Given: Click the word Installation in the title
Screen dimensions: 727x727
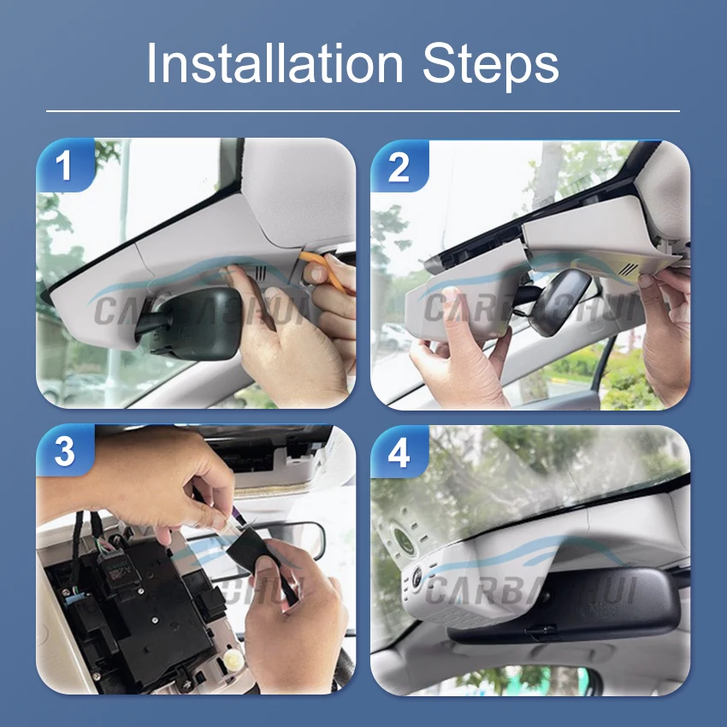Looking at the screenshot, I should tap(274, 64).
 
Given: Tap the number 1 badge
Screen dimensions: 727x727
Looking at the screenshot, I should tap(65, 167).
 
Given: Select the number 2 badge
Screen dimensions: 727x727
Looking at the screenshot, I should tap(399, 167).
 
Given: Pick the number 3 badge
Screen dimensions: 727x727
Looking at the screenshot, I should tap(65, 452).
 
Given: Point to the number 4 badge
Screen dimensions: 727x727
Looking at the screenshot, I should tap(399, 452).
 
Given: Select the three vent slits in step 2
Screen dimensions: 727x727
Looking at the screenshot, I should tap(629, 267).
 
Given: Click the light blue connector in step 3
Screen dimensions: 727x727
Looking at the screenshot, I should tap(64, 590).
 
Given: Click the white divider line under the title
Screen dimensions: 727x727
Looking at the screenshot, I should tap(363, 110).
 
